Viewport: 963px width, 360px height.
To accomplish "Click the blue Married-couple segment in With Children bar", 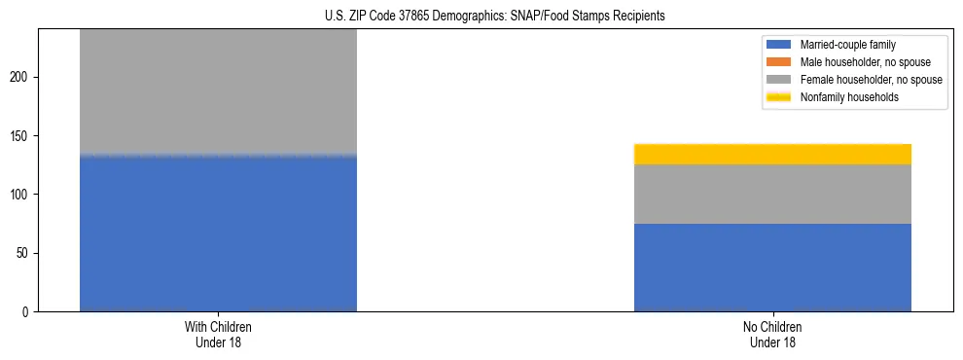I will [218, 234].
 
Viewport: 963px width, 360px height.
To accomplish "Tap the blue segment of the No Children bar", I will [772, 268].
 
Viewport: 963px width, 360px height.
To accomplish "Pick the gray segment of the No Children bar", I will [772, 194].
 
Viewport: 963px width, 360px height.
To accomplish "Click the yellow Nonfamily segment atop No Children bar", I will [772, 154].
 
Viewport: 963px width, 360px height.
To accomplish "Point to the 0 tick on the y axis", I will [29, 312].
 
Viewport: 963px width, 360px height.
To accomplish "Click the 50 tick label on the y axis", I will [26, 253].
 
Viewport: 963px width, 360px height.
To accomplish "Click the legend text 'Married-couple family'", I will [848, 45].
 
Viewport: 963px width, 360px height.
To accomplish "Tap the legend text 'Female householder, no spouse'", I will [871, 80].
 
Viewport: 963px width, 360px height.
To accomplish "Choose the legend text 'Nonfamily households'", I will [849, 97].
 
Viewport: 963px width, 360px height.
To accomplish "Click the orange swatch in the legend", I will [780, 62].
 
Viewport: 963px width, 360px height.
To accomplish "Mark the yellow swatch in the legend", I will [780, 97].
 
